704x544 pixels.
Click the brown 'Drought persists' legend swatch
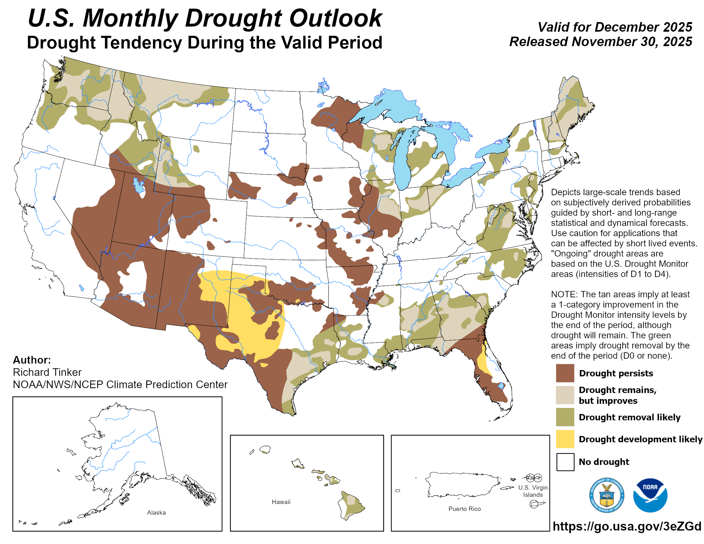(x=565, y=373)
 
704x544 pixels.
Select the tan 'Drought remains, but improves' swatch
(x=565, y=395)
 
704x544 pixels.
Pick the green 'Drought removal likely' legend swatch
(x=565, y=417)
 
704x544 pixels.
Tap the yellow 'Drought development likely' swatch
(x=565, y=439)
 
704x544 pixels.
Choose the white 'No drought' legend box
(x=565, y=461)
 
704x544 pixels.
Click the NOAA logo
(x=650, y=495)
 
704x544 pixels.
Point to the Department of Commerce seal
(x=607, y=495)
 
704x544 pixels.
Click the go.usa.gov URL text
(x=627, y=526)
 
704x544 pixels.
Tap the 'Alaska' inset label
(x=156, y=512)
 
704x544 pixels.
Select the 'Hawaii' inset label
(x=281, y=502)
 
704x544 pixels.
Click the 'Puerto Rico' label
(x=465, y=508)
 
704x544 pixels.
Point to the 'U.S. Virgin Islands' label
(x=533, y=491)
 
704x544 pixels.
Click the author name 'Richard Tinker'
(x=47, y=372)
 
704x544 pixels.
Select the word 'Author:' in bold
(x=32, y=360)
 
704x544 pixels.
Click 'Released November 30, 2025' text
(x=600, y=42)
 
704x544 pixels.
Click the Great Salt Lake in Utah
(x=139, y=186)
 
